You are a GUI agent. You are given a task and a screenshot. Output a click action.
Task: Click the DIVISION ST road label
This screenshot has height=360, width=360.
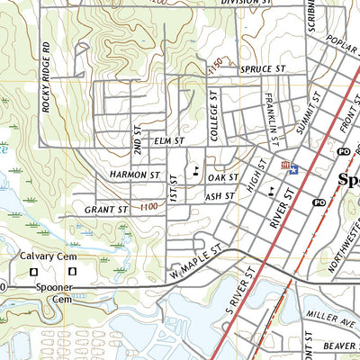246,4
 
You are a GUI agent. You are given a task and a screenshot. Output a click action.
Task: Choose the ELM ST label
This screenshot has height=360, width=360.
168,141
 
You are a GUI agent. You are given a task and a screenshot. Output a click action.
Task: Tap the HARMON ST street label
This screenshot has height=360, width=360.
135,174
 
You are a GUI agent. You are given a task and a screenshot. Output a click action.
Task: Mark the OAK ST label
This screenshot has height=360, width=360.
222,178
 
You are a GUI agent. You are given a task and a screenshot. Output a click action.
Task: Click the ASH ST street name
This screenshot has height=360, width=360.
220,195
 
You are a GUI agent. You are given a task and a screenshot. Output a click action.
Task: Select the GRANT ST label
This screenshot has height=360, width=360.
106,210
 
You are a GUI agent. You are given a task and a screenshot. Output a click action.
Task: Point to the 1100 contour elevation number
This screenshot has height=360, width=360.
152,208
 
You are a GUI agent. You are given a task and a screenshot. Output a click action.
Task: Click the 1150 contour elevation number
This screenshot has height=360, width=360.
214,63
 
